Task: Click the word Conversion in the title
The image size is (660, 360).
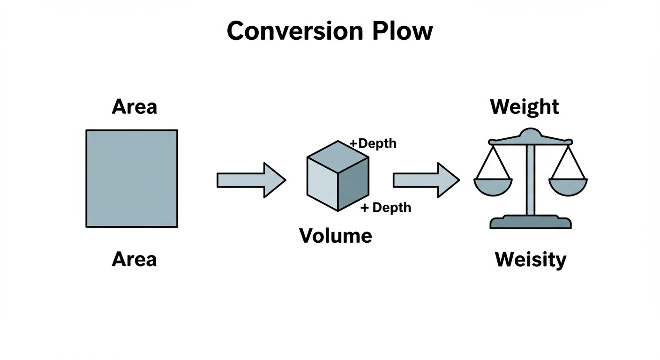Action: (x=294, y=31)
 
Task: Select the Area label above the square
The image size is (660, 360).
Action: (x=134, y=107)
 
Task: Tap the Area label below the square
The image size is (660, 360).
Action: (x=134, y=259)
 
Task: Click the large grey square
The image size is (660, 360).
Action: (x=132, y=179)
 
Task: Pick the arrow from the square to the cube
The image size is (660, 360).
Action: (x=251, y=180)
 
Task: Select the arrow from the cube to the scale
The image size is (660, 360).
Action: (x=426, y=180)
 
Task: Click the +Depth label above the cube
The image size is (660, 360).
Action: (x=373, y=143)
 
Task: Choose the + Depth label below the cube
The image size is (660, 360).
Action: (x=385, y=207)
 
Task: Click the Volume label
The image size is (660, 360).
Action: (x=336, y=235)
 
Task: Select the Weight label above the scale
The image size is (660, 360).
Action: (x=525, y=107)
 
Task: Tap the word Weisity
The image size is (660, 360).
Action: (x=531, y=259)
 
